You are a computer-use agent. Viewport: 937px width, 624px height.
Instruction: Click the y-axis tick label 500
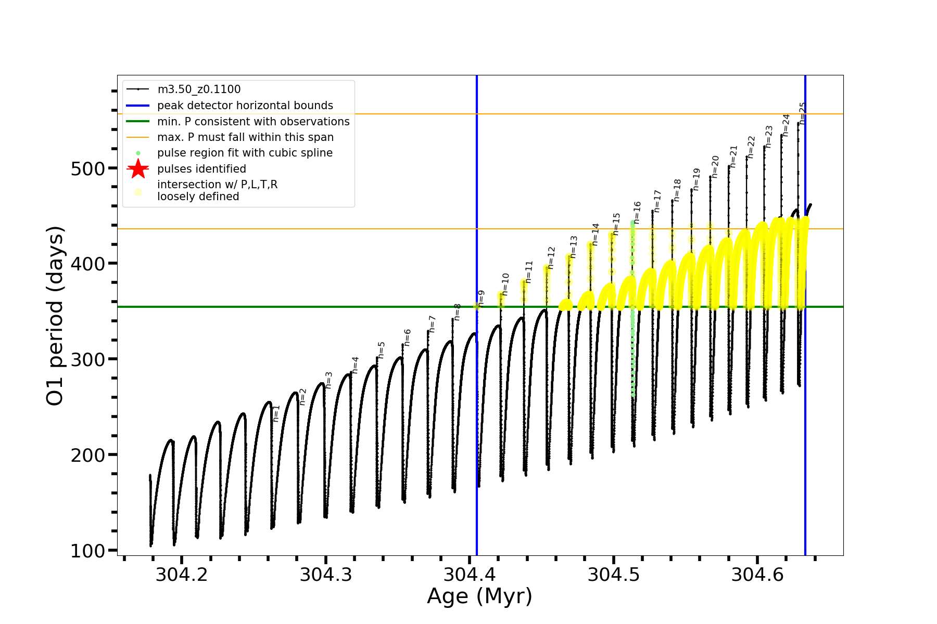pyautogui.click(x=87, y=169)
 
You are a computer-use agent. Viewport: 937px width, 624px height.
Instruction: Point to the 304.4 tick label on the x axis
pyautogui.click(x=469, y=575)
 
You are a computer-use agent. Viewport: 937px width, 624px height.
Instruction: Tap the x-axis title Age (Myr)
pyautogui.click(x=479, y=596)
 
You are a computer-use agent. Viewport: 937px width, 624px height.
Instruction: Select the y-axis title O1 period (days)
pyautogui.click(x=55, y=316)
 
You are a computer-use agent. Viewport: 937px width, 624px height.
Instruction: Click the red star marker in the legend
pyautogui.click(x=138, y=169)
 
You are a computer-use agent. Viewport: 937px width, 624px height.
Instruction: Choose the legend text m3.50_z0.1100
pyautogui.click(x=199, y=89)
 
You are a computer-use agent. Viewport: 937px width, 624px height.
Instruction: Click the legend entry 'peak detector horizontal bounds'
pyautogui.click(x=245, y=106)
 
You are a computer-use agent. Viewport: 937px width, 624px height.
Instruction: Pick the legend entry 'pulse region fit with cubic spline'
pyautogui.click(x=245, y=153)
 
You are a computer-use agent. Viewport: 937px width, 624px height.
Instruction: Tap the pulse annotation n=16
pyautogui.click(x=637, y=213)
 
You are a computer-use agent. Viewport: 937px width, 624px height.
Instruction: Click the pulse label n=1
pyautogui.click(x=276, y=413)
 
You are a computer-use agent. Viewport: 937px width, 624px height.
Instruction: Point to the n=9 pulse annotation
pyautogui.click(x=482, y=298)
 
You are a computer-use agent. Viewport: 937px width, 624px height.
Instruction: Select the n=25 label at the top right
pyautogui.click(x=802, y=113)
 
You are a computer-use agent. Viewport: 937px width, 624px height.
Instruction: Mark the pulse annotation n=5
pyautogui.click(x=382, y=350)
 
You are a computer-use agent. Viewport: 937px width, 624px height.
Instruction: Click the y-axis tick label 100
pyautogui.click(x=87, y=551)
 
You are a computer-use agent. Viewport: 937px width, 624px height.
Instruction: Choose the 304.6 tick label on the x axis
pyautogui.click(x=757, y=575)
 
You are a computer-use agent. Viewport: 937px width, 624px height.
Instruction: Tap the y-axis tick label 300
pyautogui.click(x=87, y=360)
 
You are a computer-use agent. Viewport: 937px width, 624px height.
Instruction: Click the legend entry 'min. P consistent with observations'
pyautogui.click(x=253, y=122)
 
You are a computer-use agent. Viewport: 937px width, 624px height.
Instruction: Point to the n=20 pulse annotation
pyautogui.click(x=715, y=166)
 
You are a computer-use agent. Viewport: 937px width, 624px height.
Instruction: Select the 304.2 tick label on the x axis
pyautogui.click(x=181, y=575)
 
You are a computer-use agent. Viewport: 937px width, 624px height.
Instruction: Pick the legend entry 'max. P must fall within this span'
pyautogui.click(x=245, y=137)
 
